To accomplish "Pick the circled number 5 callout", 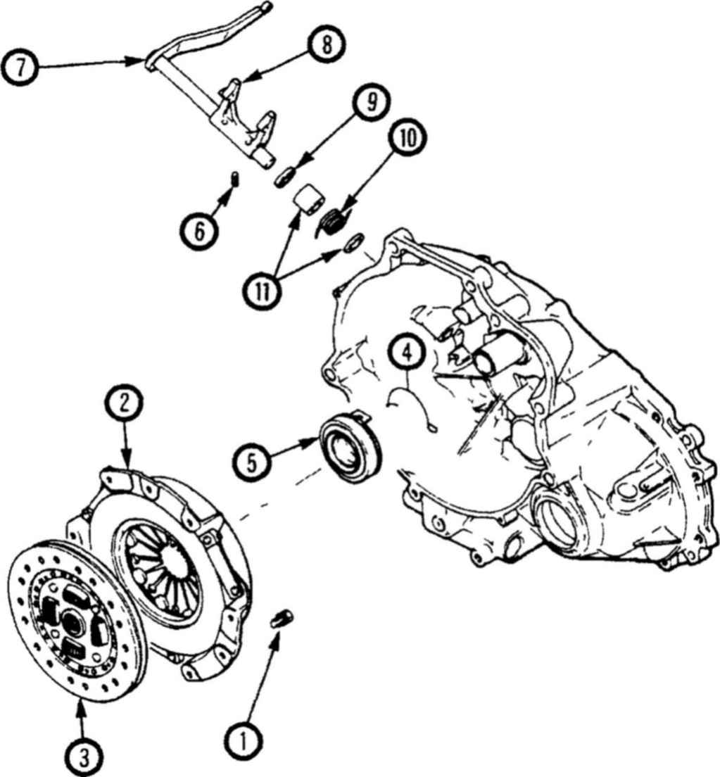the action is [x=252, y=464].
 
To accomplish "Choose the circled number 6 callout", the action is [x=199, y=231].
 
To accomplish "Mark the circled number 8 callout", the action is [x=326, y=45].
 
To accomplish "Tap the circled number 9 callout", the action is [x=371, y=102].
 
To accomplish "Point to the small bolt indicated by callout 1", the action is [x=283, y=619].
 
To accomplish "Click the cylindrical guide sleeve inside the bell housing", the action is [x=498, y=354].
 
